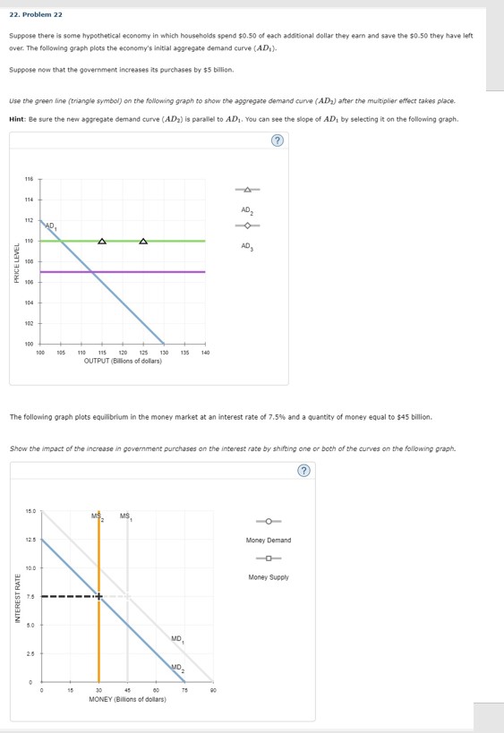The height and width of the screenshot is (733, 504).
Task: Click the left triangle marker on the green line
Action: (102, 241)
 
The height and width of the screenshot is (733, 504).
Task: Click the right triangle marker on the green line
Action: (143, 241)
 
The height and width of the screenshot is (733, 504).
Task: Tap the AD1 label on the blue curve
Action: (51, 225)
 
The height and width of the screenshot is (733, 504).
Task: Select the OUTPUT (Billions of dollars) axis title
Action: (123, 361)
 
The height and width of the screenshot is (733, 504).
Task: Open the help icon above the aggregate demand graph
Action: (278, 141)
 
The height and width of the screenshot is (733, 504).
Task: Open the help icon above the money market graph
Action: (303, 470)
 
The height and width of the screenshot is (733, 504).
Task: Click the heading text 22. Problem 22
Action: (36, 14)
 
